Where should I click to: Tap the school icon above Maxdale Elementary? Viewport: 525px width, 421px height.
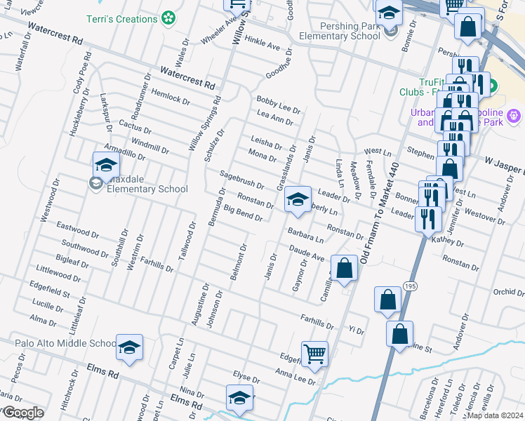click(106, 165)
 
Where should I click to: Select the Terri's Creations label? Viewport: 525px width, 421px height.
click(124, 19)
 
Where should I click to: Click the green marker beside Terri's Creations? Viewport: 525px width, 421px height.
click(168, 18)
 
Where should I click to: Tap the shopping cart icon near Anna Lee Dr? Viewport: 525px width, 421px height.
click(314, 354)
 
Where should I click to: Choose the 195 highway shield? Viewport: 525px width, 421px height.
click(411, 285)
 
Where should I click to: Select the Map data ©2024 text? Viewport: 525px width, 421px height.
click(495, 415)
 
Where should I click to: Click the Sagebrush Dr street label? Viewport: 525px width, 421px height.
click(241, 180)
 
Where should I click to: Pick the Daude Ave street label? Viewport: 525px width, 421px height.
click(307, 253)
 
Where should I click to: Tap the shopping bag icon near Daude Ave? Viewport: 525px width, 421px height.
click(344, 269)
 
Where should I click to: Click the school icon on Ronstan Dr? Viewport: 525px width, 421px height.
click(298, 200)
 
